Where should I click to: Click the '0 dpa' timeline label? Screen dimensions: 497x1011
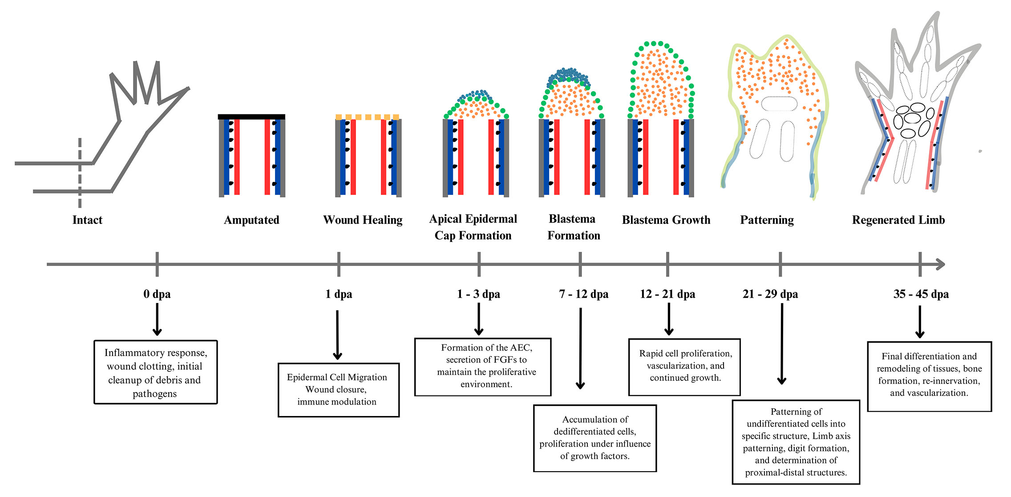click(157, 294)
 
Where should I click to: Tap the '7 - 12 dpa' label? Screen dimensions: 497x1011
click(583, 294)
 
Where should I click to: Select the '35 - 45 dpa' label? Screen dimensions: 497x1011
click(921, 294)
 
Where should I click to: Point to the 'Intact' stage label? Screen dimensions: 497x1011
click(87, 220)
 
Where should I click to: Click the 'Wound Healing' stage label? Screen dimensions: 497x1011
click(363, 220)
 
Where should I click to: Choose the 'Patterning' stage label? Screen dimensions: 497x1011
click(767, 220)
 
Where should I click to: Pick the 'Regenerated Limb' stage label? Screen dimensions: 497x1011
click(898, 220)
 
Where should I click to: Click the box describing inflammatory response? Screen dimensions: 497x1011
click(155, 372)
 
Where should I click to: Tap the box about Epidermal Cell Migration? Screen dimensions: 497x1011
click(338, 390)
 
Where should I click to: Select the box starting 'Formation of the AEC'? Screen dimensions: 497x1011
click(483, 367)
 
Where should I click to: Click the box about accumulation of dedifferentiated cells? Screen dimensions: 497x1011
click(595, 438)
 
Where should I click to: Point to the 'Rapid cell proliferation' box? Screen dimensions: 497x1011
click(684, 367)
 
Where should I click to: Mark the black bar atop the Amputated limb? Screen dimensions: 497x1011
click(251, 117)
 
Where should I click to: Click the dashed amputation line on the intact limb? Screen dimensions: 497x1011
click(80, 174)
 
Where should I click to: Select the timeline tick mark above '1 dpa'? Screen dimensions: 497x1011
click(339, 264)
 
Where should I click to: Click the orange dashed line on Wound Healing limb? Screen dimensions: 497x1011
click(367, 117)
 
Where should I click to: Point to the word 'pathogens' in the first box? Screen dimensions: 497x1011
click(154, 394)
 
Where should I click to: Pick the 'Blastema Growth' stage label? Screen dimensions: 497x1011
click(666, 220)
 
